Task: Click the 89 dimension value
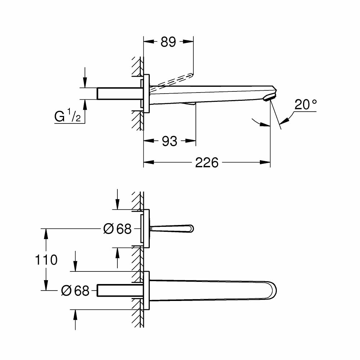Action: click(168, 42)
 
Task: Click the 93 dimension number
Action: click(169, 141)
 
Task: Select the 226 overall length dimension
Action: click(207, 163)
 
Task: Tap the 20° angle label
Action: click(306, 105)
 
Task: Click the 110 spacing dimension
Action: click(46, 260)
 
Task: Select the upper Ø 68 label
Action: click(117, 229)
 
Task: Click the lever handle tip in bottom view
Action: click(190, 228)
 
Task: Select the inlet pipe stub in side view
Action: click(119, 93)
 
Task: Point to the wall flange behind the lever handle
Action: click(146, 229)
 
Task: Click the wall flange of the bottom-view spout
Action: click(146, 290)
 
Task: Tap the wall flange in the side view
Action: click(146, 94)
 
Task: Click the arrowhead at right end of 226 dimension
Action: click(267, 163)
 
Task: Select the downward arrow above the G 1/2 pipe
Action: click(85, 83)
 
